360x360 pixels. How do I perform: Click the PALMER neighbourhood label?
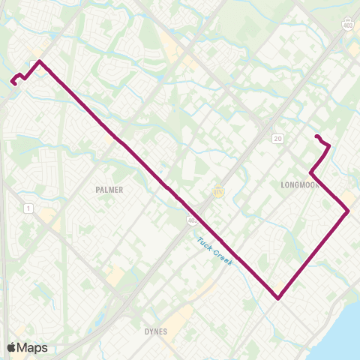tap(109, 190)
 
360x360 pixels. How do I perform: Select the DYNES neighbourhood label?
tap(157, 331)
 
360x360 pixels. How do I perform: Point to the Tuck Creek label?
tap(215, 251)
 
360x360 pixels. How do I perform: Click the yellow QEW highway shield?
tap(219, 192)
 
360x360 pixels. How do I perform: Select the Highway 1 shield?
tap(28, 208)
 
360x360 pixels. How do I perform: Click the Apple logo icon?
tap(12, 347)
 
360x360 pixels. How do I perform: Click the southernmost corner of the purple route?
tap(278, 298)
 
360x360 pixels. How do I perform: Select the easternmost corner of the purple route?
tap(348, 211)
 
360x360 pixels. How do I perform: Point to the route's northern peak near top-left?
tap(38, 61)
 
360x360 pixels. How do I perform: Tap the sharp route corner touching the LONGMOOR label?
tap(310, 175)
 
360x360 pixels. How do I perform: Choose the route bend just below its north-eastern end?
tap(328, 146)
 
